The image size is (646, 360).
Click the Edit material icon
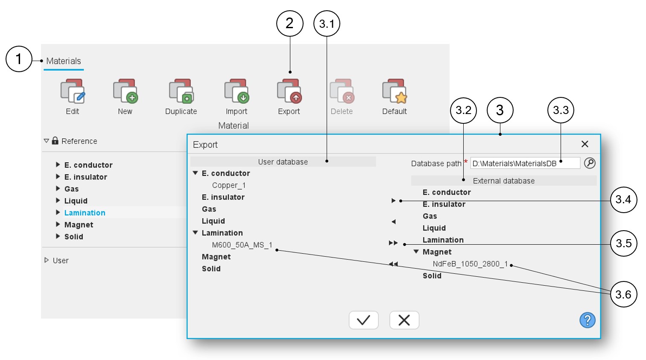[x=73, y=91]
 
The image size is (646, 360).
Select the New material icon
[x=125, y=91]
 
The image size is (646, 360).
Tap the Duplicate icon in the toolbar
[x=181, y=91]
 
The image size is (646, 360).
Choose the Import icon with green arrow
[x=237, y=91]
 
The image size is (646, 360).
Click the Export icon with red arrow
[x=289, y=91]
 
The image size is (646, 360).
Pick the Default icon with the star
[x=395, y=91]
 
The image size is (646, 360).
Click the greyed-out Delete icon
[x=342, y=91]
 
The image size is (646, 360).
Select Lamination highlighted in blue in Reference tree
[x=85, y=213]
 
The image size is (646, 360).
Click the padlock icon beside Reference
[x=55, y=140]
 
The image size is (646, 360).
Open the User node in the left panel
[x=60, y=260]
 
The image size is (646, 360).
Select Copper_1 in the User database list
[x=229, y=185]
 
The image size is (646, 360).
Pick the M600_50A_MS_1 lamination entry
[x=242, y=245]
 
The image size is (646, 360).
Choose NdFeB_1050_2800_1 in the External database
[x=470, y=264]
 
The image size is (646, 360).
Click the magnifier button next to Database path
[x=590, y=163]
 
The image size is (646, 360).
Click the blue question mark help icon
[x=587, y=320]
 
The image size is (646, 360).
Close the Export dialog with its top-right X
[x=585, y=144]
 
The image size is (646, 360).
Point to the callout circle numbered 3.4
[x=623, y=199]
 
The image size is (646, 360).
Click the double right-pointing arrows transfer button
[x=393, y=243]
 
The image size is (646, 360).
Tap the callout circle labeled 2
[x=289, y=23]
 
